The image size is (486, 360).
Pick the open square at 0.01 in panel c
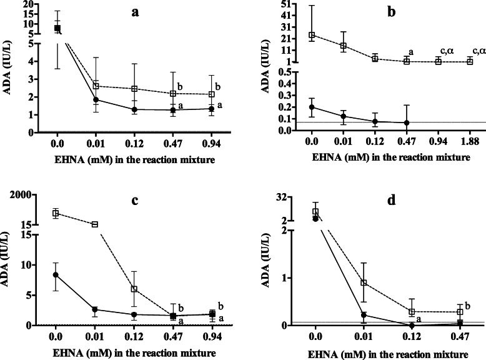pos(96,224)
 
